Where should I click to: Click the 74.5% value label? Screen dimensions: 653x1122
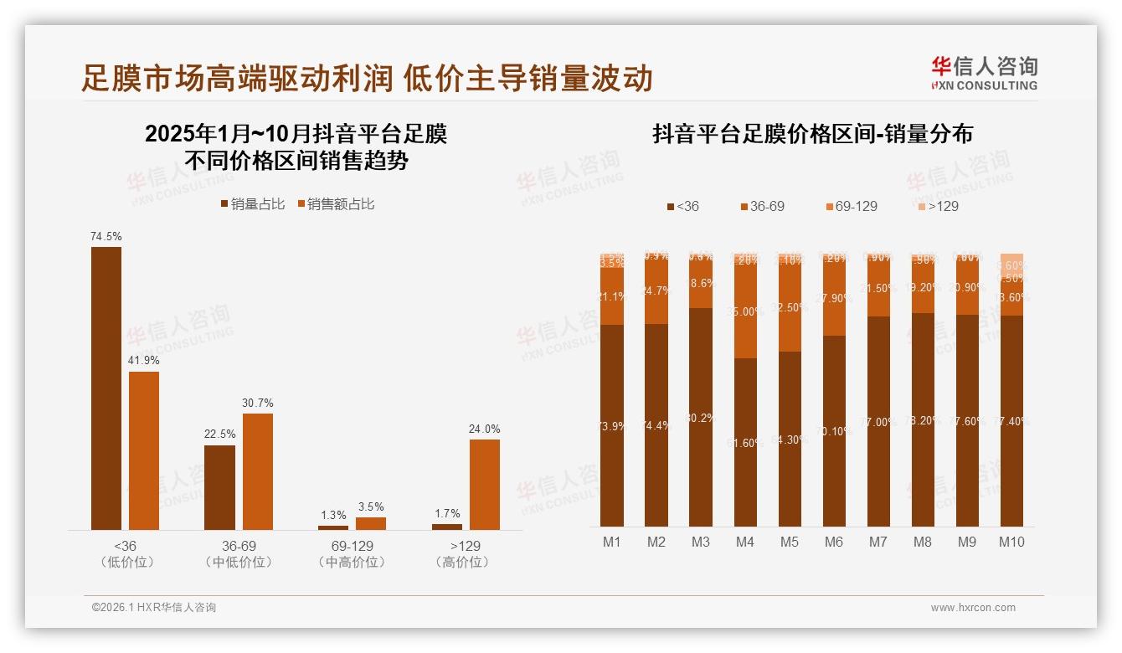(x=106, y=237)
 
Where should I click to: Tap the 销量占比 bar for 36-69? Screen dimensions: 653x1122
(x=219, y=487)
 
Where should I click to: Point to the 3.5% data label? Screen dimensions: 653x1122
(x=370, y=506)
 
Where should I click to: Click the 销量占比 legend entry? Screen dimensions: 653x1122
(x=252, y=204)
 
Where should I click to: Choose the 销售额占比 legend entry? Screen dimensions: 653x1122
(x=336, y=204)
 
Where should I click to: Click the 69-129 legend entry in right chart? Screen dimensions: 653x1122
(x=851, y=206)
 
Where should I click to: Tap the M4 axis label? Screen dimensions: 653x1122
(x=744, y=542)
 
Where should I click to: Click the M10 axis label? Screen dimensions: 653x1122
(x=1011, y=542)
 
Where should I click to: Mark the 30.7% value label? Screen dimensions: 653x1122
(x=257, y=403)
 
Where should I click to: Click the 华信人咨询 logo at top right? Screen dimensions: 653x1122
(x=984, y=73)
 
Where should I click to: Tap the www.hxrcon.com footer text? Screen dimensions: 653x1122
(x=972, y=608)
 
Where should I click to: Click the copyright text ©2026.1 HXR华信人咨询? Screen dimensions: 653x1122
(x=154, y=608)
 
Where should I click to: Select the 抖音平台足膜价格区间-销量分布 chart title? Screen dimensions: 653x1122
(x=812, y=135)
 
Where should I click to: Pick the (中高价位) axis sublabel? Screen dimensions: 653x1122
(x=353, y=563)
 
